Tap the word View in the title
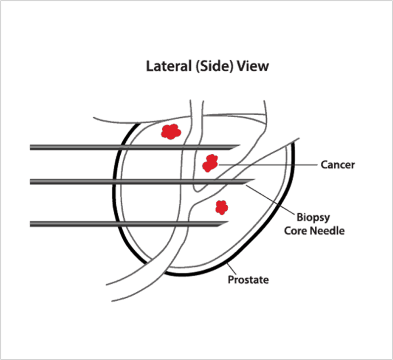point(253,66)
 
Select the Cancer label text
point(338,165)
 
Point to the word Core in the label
point(294,230)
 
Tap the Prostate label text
point(248,280)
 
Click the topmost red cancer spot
point(171,131)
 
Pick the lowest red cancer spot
point(221,207)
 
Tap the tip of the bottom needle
point(226,224)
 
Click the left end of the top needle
point(32,147)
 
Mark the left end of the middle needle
point(32,181)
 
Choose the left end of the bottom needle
point(32,224)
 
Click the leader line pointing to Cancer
point(267,164)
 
